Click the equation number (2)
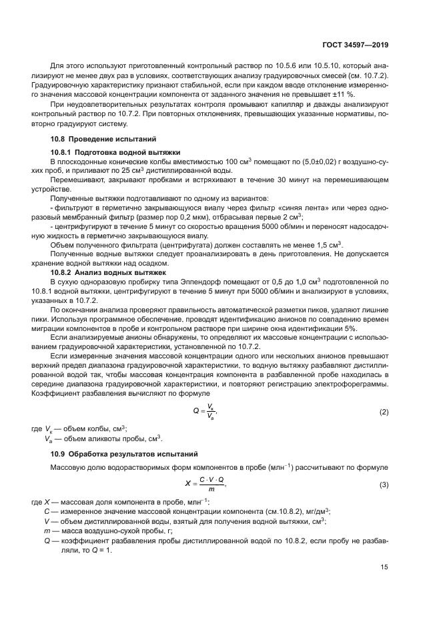click(384, 412)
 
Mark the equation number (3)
click(384, 484)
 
